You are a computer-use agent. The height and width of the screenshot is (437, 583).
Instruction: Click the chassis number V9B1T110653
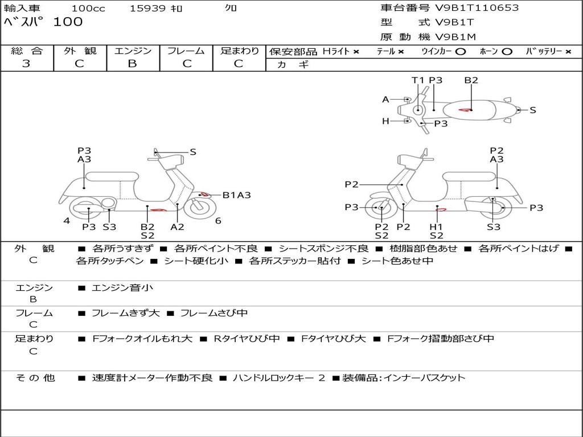pyautogui.click(x=477, y=8)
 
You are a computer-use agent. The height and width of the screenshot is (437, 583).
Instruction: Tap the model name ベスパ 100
pyautogui.click(x=43, y=22)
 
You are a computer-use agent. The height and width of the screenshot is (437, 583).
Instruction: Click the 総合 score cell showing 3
pyautogui.click(x=26, y=64)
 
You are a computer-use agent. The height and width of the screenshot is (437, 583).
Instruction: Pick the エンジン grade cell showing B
pyautogui.click(x=132, y=64)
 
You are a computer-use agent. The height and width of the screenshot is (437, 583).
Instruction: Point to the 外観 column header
pyautogui.click(x=80, y=51)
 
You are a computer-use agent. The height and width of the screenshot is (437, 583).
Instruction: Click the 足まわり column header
pyautogui.click(x=239, y=51)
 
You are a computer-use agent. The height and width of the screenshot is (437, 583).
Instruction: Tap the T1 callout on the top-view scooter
pyautogui.click(x=418, y=80)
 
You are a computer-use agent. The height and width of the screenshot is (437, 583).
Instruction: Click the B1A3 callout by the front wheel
pyautogui.click(x=236, y=195)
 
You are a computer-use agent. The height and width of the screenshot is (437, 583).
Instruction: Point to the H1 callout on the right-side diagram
pyautogui.click(x=436, y=226)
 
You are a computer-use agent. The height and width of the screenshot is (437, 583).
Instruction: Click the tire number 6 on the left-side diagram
pyautogui.click(x=218, y=221)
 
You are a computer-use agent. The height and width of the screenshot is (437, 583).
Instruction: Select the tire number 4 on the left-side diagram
pyautogui.click(x=67, y=221)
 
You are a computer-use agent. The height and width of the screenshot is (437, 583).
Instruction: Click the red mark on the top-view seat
pyautogui.click(x=466, y=109)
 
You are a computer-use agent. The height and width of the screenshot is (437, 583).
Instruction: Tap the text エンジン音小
pyautogui.click(x=122, y=288)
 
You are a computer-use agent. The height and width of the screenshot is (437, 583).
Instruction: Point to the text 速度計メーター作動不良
pyautogui.click(x=152, y=378)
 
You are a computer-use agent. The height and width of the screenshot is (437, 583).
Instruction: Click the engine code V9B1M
pyautogui.click(x=455, y=37)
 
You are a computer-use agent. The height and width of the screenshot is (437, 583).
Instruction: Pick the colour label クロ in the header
pyautogui.click(x=231, y=9)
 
